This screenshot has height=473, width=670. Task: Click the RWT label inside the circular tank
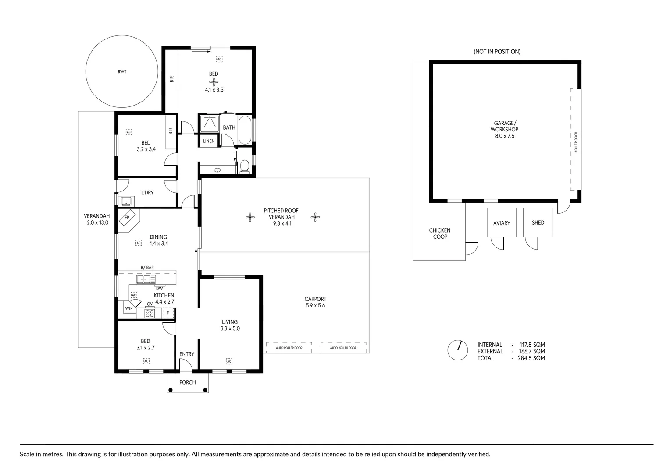point(122,71)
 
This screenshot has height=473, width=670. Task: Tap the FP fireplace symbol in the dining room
point(128,217)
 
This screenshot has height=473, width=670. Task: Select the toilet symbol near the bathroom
point(245,166)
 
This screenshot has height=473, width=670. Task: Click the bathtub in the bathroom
point(245,130)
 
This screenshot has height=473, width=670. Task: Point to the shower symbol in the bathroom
point(210,124)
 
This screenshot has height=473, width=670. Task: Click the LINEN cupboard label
point(209,141)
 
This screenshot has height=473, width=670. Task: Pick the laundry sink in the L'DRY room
point(127,201)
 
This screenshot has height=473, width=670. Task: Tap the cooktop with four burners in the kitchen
point(150,313)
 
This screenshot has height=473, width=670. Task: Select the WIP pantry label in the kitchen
point(128,308)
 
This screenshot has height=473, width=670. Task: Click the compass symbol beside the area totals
point(457,350)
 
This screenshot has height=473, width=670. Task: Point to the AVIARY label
point(502,223)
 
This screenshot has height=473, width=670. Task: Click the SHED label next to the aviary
point(538,223)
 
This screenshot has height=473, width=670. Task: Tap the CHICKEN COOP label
point(439,233)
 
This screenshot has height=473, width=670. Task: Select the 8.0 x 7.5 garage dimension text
point(504,136)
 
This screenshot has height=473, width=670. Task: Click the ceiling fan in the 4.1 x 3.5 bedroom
point(214,81)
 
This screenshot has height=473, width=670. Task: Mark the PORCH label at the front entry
point(188,382)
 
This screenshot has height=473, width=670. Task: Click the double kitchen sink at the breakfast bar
point(146,279)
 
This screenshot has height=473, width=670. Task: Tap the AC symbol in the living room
point(229,361)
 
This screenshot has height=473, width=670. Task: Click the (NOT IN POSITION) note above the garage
point(497,52)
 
